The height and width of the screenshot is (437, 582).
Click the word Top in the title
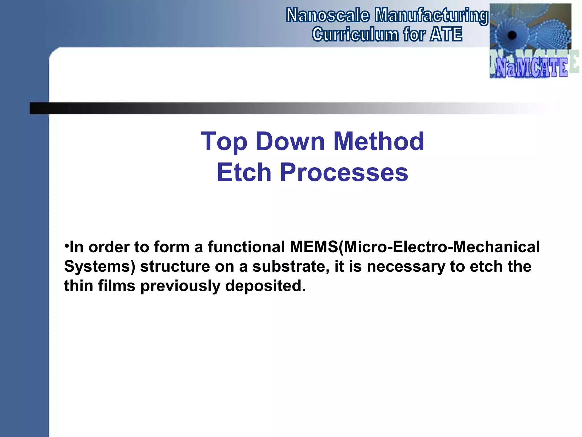pyautogui.click(x=224, y=141)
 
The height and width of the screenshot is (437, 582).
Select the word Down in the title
pyautogui.click(x=290, y=141)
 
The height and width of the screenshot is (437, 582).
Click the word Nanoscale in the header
pyautogui.click(x=328, y=16)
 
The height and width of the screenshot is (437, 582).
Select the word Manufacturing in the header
pyautogui.click(x=431, y=16)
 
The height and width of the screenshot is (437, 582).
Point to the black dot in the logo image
pyautogui.click(x=512, y=35)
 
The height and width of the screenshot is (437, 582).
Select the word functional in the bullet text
pyautogui.click(x=246, y=247)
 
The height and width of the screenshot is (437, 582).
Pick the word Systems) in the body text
pyautogui.click(x=100, y=267)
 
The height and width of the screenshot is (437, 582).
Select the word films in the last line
pyautogui.click(x=117, y=286)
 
